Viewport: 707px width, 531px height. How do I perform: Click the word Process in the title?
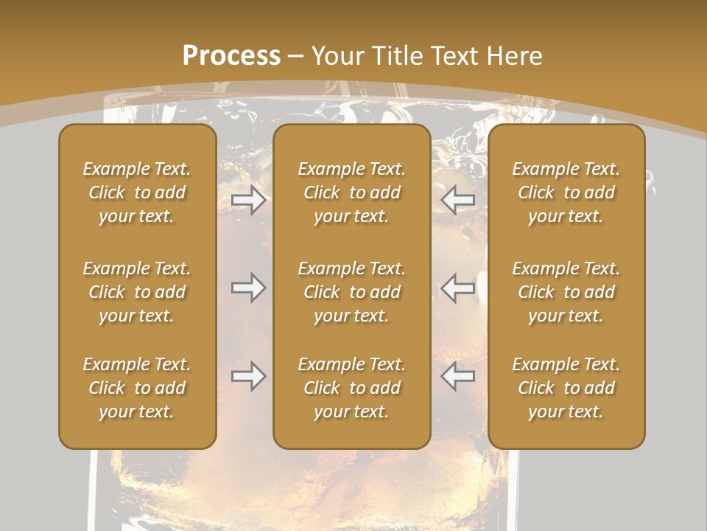click(231, 56)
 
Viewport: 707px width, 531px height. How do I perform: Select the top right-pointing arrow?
click(248, 200)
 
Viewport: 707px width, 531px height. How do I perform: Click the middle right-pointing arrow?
click(248, 288)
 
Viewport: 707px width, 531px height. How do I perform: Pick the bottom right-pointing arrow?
click(248, 376)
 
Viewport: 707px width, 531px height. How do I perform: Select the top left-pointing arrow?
click(457, 200)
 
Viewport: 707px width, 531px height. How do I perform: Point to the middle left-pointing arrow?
click(457, 288)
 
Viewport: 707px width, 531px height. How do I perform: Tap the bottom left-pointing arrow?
click(457, 376)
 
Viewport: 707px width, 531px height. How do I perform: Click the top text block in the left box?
click(137, 192)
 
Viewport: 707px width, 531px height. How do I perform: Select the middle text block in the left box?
click(137, 292)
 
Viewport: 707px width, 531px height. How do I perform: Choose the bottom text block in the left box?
click(137, 388)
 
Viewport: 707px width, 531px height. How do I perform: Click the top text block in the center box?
click(351, 192)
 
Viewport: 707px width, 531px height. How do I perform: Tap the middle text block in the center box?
click(351, 292)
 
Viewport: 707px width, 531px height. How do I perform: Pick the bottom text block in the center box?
click(351, 388)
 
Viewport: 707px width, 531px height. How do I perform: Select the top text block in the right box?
click(566, 192)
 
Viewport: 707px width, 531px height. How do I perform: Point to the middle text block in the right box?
click(566, 292)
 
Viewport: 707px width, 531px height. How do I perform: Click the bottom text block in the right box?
click(566, 388)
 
